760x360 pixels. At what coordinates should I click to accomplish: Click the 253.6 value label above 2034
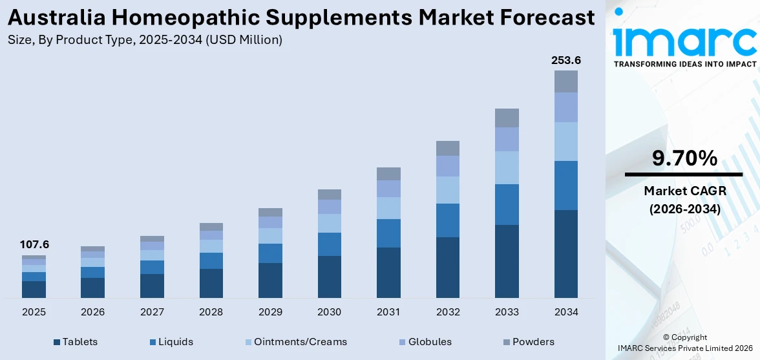(x=565, y=60)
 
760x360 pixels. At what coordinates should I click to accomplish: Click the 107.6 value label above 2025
(x=34, y=245)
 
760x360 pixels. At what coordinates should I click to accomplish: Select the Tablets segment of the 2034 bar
(x=565, y=253)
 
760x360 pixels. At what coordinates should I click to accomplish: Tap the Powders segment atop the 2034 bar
(x=565, y=81)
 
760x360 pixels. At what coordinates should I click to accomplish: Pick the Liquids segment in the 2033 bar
(x=507, y=204)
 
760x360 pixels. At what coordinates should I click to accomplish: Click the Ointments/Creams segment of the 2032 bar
(x=447, y=189)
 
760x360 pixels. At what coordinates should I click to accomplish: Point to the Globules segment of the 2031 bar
(x=388, y=188)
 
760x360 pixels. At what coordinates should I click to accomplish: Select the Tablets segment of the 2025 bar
(x=34, y=289)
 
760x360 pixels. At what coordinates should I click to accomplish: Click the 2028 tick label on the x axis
(x=211, y=312)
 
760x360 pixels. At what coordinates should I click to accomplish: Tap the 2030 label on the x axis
(x=329, y=312)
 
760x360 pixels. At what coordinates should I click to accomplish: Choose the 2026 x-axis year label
(x=93, y=312)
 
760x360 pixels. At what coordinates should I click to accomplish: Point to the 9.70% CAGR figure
(x=684, y=158)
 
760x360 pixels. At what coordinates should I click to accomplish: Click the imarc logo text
(x=684, y=40)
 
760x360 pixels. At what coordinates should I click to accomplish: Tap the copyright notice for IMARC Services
(x=684, y=343)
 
